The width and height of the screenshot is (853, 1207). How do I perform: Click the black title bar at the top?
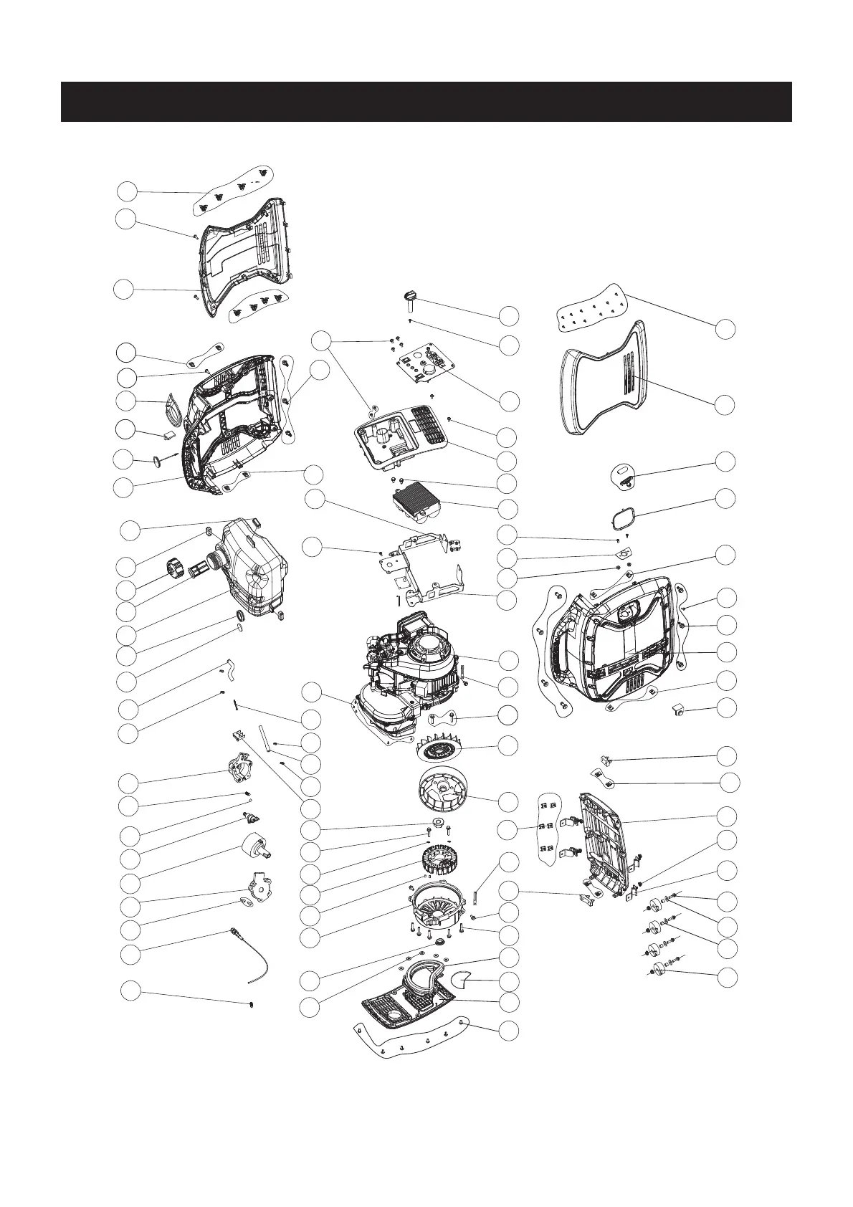426,101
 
